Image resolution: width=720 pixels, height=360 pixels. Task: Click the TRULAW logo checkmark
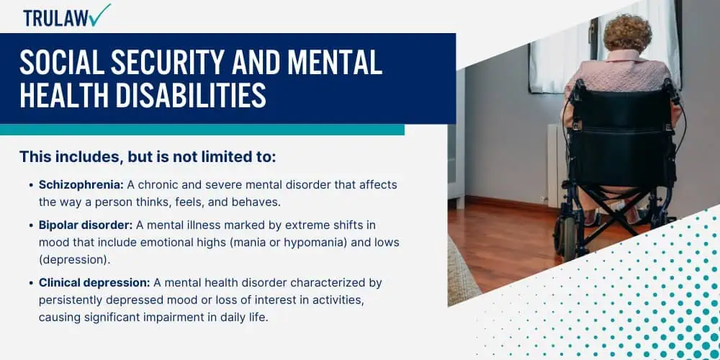pos(101,14)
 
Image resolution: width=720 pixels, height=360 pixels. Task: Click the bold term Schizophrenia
pos(81,184)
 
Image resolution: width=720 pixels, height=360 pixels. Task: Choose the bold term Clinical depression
pos(95,283)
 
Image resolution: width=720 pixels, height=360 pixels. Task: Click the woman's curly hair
pos(627,32)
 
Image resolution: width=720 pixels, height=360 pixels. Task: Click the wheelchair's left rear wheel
pos(564,235)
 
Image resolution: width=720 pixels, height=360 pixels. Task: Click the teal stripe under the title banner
pos(202,130)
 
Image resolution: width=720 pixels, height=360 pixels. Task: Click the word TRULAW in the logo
pos(55,19)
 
